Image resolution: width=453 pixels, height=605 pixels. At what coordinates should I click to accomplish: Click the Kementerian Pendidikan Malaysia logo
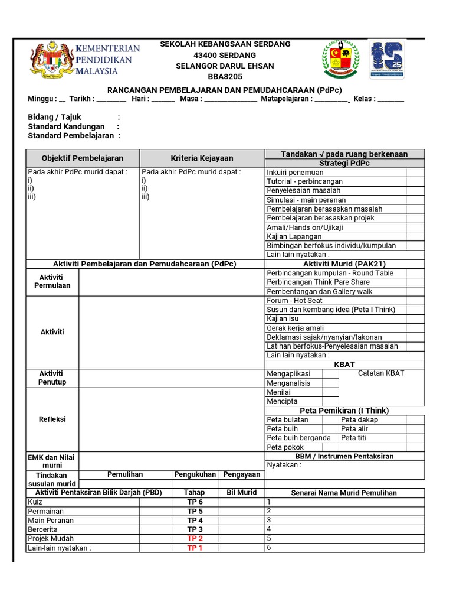pyautogui.click(x=84, y=60)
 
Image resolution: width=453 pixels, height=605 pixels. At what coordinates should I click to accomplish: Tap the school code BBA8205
pyautogui.click(x=225, y=77)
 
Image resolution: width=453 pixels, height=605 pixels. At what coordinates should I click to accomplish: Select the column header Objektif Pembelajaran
pyautogui.click(x=83, y=158)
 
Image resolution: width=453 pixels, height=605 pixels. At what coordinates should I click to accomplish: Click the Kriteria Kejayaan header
pyautogui.click(x=202, y=158)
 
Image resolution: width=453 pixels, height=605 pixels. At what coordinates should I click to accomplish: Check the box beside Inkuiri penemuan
pyautogui.click(x=415, y=173)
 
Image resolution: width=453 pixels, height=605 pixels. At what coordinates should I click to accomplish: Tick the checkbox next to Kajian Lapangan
pyautogui.click(x=415, y=236)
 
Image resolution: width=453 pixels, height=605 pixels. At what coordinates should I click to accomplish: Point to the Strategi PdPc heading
pyautogui.click(x=344, y=163)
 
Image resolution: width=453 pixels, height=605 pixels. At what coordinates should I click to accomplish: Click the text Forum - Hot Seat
pyautogui.click(x=294, y=301)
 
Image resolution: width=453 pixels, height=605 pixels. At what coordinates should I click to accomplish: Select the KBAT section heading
pyautogui.click(x=344, y=365)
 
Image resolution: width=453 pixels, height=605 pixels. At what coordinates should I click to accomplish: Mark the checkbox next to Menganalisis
pyautogui.click(x=330, y=383)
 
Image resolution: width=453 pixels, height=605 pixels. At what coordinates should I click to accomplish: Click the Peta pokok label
pyautogui.click(x=285, y=447)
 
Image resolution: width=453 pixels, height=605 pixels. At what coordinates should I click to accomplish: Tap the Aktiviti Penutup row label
pyautogui.click(x=52, y=378)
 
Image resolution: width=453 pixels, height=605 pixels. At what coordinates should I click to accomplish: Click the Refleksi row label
pyautogui.click(x=52, y=419)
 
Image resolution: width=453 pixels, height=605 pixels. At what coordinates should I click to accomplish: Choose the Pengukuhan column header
pyautogui.click(x=195, y=474)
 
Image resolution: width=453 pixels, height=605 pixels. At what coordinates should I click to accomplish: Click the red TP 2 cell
pyautogui.click(x=195, y=539)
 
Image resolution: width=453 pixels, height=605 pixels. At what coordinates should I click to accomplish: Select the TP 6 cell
pyautogui.click(x=195, y=502)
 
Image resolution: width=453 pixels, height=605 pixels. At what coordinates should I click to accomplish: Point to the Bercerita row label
pyautogui.click(x=43, y=529)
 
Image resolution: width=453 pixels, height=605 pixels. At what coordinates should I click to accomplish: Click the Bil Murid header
pyautogui.click(x=242, y=493)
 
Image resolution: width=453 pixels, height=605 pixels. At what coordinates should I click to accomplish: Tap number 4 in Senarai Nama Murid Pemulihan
pyautogui.click(x=269, y=529)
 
